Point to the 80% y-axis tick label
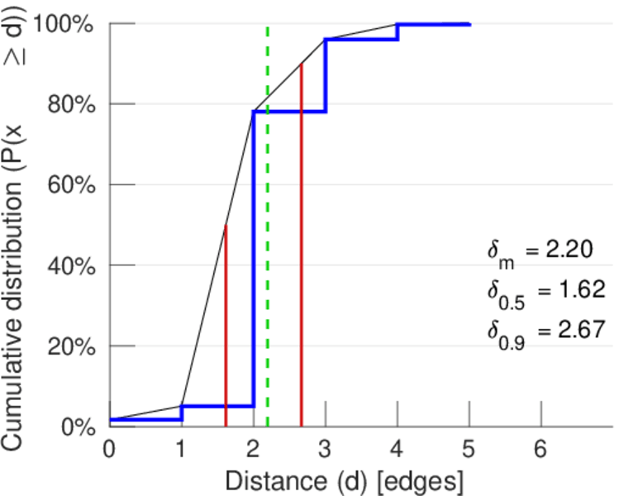click(70, 105)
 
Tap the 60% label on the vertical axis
click(70, 185)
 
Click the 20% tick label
click(70, 346)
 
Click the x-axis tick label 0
click(109, 449)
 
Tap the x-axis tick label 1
click(181, 449)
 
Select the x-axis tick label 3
click(326, 449)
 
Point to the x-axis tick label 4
click(398, 449)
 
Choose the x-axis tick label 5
click(469, 449)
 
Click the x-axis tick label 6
click(541, 449)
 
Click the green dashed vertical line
click(268, 248)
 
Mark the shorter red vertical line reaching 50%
click(226, 331)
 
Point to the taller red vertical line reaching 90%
click(301, 248)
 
